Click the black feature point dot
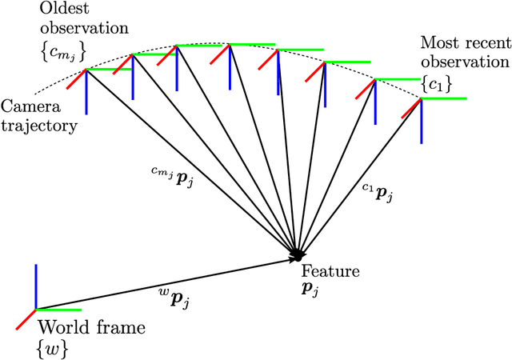tap(297, 253)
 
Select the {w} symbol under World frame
tap(49, 346)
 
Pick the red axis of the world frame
tap(26, 319)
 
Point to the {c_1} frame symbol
tap(435, 82)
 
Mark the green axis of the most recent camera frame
tap(443, 98)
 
